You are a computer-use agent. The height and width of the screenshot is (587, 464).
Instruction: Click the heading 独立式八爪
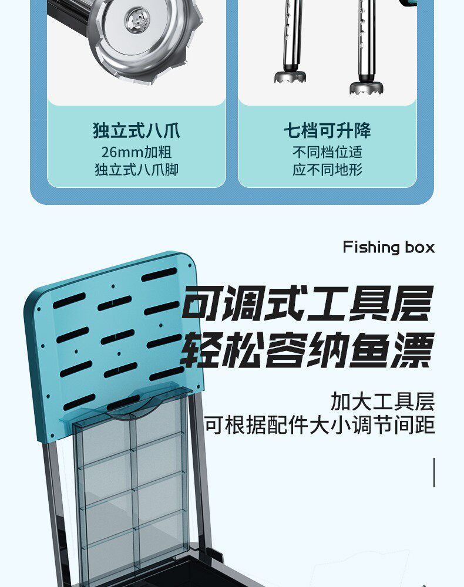pos(136,130)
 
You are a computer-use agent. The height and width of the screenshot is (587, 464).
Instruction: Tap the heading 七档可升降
pos(327,130)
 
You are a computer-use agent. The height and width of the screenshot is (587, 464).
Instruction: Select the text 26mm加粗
pos(136,152)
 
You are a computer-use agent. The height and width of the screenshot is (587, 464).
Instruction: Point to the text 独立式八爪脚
pos(136,170)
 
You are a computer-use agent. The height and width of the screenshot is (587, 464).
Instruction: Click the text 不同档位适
pos(327,152)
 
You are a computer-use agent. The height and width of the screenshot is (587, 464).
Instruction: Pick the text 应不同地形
pos(327,170)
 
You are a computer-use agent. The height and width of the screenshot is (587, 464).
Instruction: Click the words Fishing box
pos(389,247)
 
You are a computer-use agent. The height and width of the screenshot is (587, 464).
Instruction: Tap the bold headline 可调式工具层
pos(307,304)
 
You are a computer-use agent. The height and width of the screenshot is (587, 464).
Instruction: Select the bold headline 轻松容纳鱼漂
pos(307,350)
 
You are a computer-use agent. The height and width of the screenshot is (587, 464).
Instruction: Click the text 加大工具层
pos(382,402)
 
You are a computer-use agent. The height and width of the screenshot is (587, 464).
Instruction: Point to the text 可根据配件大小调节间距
pos(320,425)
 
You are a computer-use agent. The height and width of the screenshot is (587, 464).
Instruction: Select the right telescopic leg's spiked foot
pos(367,88)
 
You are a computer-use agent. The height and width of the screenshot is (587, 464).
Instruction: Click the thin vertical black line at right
pos(434,472)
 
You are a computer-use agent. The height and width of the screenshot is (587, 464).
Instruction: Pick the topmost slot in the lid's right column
pos(159,274)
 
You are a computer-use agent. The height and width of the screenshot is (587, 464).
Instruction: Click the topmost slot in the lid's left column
pos(69,300)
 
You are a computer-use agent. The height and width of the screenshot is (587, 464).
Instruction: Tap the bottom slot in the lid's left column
pos(79,402)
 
